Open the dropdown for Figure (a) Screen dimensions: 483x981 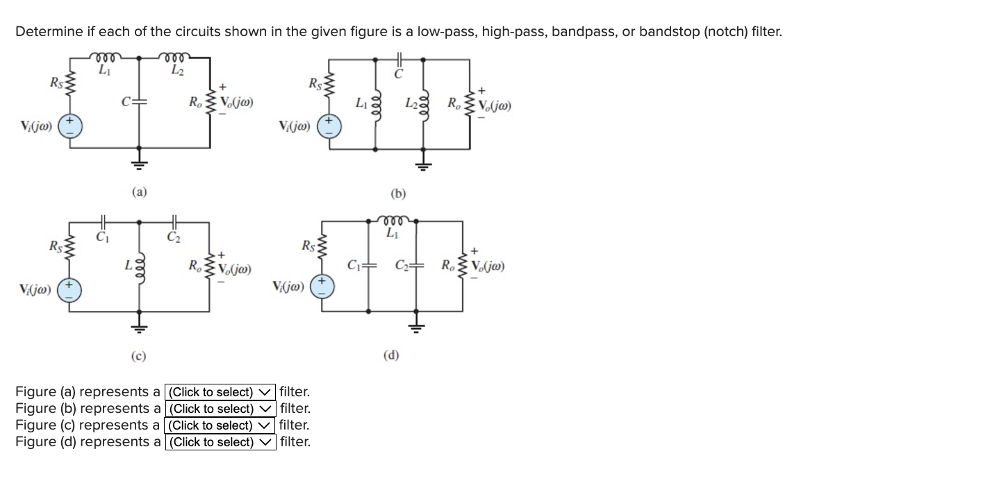(220, 392)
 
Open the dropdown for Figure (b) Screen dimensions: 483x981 (220, 409)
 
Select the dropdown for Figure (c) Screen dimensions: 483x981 (220, 425)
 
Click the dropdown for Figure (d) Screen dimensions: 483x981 (220, 442)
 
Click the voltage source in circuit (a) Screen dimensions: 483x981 (69, 129)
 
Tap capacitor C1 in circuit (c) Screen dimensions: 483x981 (103, 221)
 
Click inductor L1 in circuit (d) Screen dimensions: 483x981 (393, 221)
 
